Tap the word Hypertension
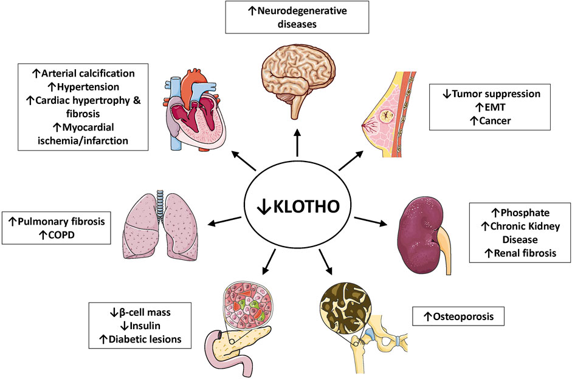click(88, 87)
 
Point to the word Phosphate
click(523, 214)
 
